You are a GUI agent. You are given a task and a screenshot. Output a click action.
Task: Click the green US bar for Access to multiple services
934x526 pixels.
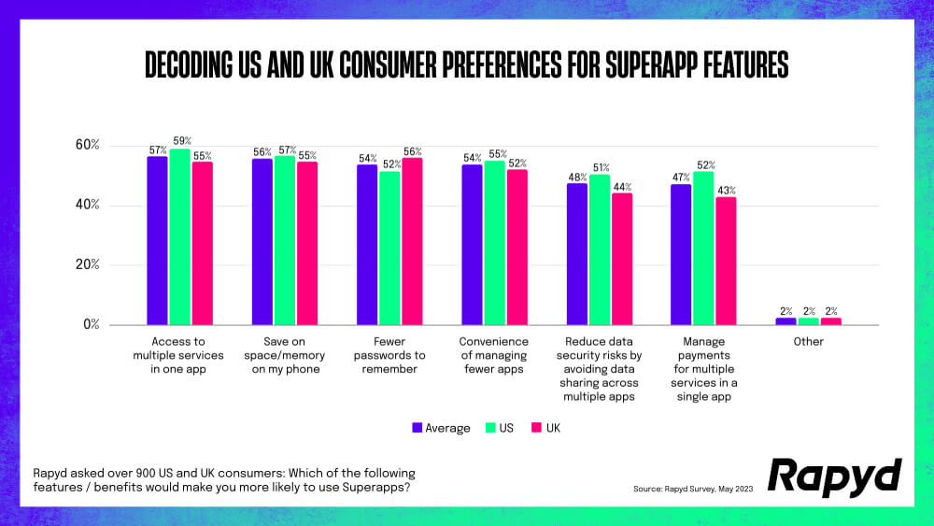[x=179, y=237]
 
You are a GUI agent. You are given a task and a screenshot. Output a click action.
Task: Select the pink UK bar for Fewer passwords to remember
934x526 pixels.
[x=412, y=241]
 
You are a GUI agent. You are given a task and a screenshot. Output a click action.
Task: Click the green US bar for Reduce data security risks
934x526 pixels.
[x=600, y=249]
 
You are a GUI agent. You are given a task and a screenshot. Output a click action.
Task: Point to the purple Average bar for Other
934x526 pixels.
[x=786, y=321]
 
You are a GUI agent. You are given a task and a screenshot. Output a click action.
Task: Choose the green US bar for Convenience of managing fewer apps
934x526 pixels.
[x=494, y=243]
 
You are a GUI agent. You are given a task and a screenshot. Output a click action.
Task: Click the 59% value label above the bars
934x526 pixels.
[x=181, y=141]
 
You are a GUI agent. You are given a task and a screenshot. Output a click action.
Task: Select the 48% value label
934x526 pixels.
[x=577, y=177]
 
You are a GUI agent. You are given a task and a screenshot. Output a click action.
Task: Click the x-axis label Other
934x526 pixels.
[x=808, y=342]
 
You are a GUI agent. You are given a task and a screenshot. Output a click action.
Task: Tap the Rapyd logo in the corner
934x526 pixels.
[x=834, y=477]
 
